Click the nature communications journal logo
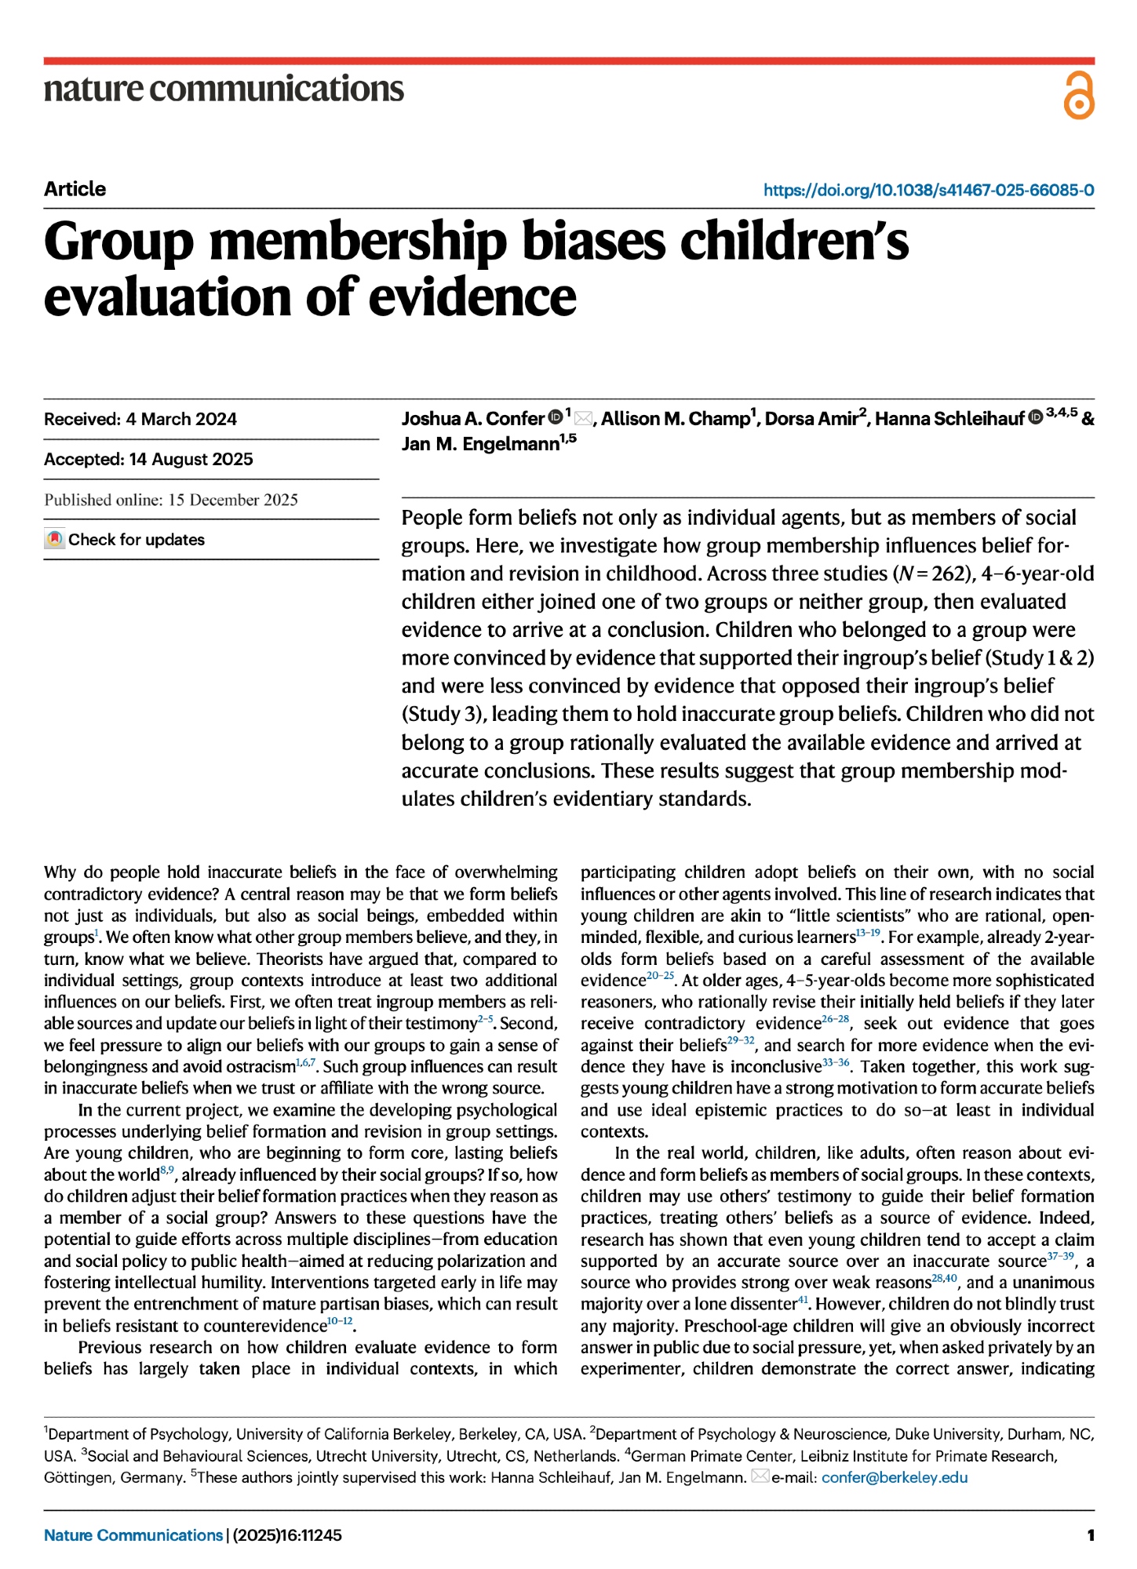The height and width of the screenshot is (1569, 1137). coord(224,89)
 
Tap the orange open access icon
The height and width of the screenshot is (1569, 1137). coord(1078,96)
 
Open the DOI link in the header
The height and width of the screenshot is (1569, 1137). coord(928,190)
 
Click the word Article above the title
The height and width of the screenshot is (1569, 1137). coord(75,189)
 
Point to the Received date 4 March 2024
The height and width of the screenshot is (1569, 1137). coord(181,419)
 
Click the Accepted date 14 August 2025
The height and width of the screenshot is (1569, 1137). coord(191,459)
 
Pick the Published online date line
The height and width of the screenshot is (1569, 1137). coord(171,500)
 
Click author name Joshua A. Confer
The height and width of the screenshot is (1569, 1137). coord(472,419)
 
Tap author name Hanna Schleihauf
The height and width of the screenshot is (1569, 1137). coord(949,419)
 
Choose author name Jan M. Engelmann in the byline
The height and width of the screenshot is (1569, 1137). coord(480,445)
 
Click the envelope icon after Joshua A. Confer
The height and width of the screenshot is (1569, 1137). coord(584,418)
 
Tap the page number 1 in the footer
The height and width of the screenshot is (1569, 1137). coord(1090,1535)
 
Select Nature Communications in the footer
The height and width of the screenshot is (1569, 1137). coord(133,1535)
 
